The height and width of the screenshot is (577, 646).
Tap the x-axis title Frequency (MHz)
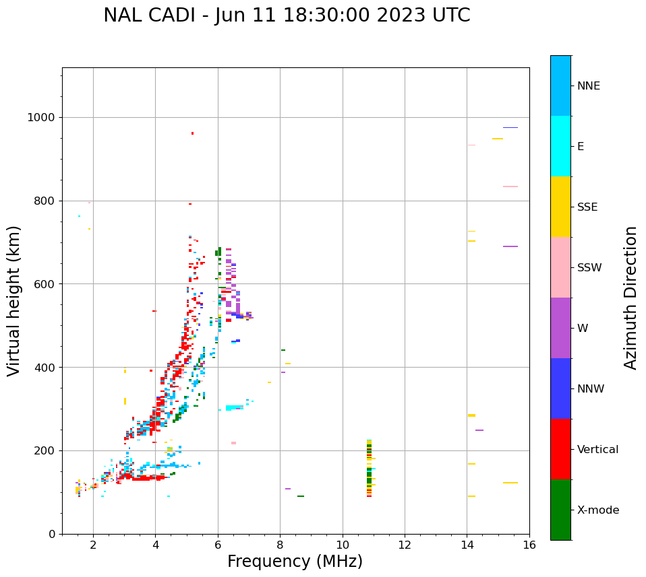click(x=295, y=562)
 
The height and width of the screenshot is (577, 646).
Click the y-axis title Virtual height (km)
click(x=14, y=301)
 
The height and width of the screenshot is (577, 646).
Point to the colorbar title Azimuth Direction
click(x=630, y=298)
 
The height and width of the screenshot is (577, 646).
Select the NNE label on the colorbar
click(x=588, y=86)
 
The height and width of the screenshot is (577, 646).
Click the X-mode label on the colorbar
click(x=597, y=510)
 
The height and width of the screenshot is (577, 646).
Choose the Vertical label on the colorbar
click(x=597, y=450)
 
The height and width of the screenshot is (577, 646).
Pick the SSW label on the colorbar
click(x=589, y=268)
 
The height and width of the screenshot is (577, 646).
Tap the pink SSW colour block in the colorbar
click(x=560, y=267)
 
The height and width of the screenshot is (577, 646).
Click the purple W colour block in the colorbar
click(x=560, y=328)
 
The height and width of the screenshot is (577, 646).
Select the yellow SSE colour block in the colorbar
click(x=560, y=207)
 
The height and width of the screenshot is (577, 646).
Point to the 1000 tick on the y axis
click(x=42, y=118)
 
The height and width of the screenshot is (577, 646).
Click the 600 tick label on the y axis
click(x=45, y=284)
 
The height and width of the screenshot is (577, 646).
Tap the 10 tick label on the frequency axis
click(x=343, y=545)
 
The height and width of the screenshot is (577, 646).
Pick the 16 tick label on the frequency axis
click(x=529, y=545)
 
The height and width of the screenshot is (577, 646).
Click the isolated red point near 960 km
click(x=192, y=133)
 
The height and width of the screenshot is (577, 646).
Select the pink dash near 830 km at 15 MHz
click(x=510, y=186)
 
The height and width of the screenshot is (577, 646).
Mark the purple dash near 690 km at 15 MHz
click(x=510, y=246)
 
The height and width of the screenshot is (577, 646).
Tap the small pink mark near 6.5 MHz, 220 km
click(x=233, y=443)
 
